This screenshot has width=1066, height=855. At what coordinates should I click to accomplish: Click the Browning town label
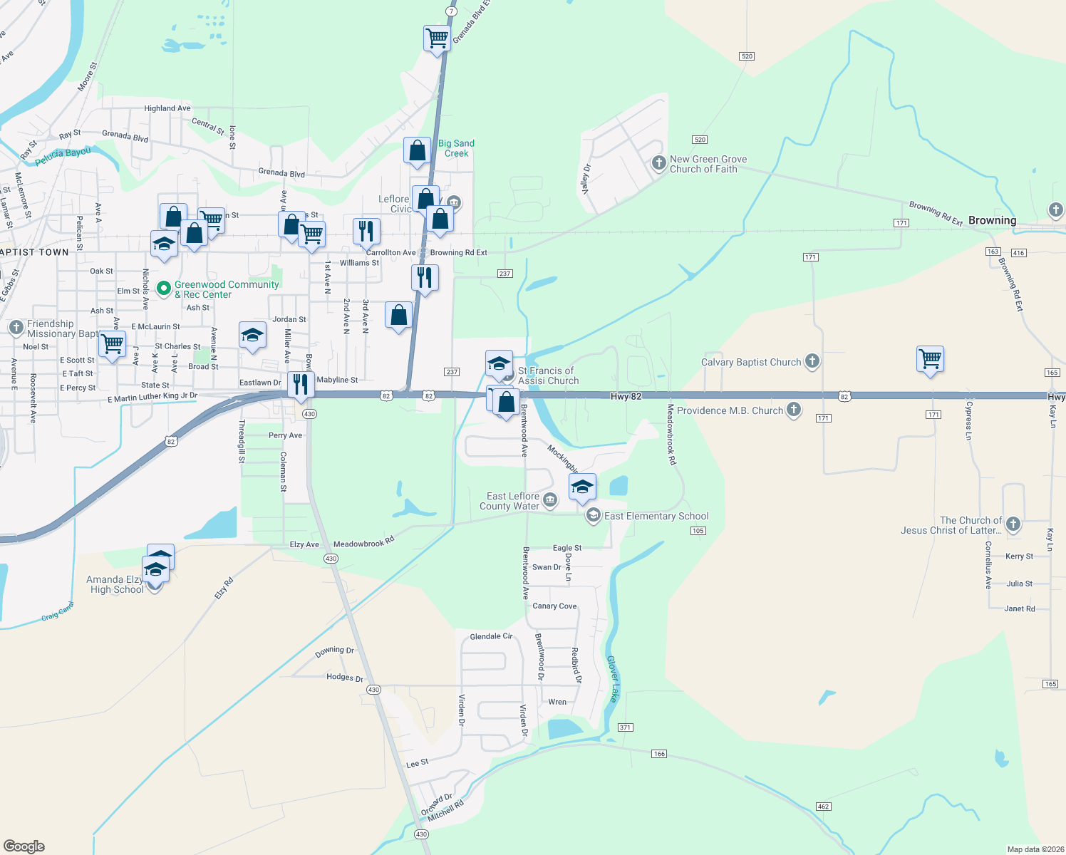[992, 220]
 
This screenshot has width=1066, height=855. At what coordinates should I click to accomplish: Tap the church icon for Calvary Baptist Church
[812, 361]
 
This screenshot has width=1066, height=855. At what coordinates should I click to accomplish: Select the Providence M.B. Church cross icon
[794, 410]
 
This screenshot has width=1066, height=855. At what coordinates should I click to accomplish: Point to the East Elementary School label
[656, 516]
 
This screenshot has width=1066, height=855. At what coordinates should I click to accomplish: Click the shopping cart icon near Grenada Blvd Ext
[437, 37]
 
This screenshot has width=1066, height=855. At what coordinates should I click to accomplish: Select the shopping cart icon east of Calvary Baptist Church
[931, 358]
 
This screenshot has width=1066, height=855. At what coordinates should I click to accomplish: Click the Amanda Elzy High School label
[115, 584]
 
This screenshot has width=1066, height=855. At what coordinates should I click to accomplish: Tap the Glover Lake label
[613, 678]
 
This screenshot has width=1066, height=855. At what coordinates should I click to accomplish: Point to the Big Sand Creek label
[456, 148]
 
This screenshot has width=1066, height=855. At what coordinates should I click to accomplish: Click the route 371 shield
[625, 727]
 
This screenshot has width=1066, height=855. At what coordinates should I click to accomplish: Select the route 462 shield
[823, 807]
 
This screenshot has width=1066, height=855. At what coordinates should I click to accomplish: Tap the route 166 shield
[659, 754]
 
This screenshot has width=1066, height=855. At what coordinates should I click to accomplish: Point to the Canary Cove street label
[554, 606]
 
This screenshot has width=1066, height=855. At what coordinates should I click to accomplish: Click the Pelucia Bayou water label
[63, 153]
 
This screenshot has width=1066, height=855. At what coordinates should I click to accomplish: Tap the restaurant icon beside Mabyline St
[301, 383]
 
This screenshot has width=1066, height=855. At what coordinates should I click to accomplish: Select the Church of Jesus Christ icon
[1013, 525]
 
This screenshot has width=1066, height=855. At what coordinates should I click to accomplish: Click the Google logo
[24, 846]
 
